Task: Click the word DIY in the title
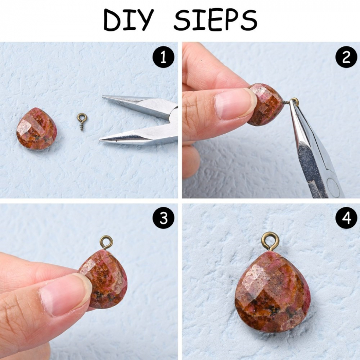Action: tap(129, 20)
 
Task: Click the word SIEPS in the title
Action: tap(215, 20)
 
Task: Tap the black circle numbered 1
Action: tap(164, 57)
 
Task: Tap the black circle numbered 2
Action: tap(346, 57)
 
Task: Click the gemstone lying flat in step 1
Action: tap(37, 129)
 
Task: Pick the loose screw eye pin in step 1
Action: tap(82, 121)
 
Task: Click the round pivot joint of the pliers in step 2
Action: tap(333, 187)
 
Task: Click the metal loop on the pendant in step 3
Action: tap(106, 242)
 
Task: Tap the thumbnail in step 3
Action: tap(65, 295)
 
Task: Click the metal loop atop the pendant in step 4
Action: tap(271, 242)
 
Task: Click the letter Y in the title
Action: tap(144, 20)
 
